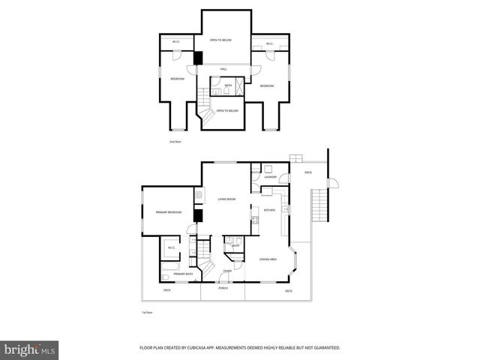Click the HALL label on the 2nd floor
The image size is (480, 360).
point(223,70)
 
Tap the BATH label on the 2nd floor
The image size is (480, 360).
point(228,85)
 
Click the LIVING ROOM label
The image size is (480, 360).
point(226,199)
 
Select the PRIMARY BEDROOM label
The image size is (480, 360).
point(169,212)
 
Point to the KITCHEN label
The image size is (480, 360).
point(268,210)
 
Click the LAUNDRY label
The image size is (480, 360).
point(270,177)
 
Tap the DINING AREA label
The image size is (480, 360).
point(268,259)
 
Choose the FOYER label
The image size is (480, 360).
point(226,271)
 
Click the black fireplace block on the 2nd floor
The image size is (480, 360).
point(199,58)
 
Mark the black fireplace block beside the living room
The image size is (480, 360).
point(198,216)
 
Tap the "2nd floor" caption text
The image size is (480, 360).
point(175,141)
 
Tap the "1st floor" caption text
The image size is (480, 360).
point(147,311)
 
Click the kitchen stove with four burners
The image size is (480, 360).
point(255,220)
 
